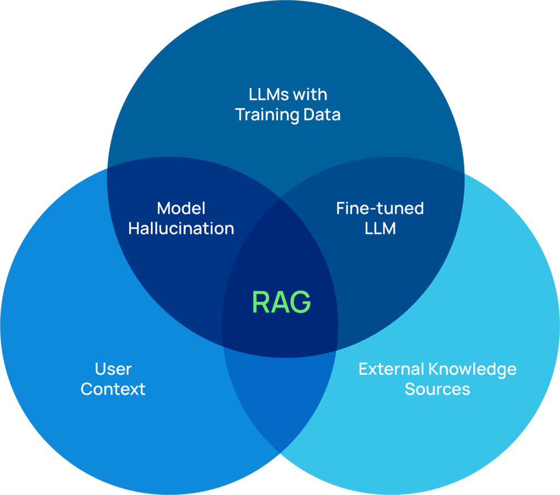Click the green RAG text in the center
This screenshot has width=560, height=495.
coord(281,302)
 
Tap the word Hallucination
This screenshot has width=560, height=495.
coord(181,229)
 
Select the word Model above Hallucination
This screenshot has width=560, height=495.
coord(181,208)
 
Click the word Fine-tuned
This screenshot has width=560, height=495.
coord(380,208)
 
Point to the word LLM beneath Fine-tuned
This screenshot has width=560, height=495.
coord(380,229)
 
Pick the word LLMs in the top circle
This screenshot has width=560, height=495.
coord(268,95)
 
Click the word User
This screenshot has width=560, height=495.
coord(113,369)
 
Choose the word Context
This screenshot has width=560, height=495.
coord(113,389)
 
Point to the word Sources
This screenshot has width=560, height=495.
coord(437,389)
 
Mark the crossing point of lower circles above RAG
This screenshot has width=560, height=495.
coord(280,198)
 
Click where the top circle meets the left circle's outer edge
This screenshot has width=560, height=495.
coord(107,166)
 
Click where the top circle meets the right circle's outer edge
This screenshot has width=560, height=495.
coord(464,173)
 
